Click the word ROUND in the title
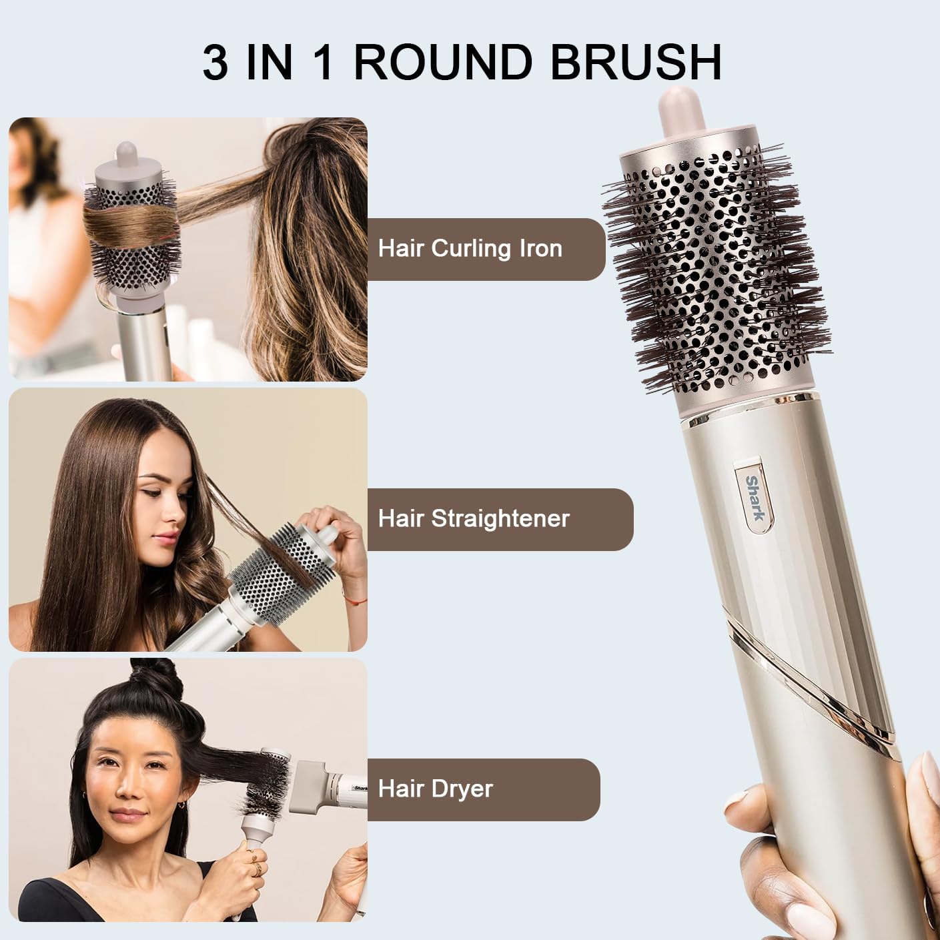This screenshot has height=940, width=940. tap(443, 62)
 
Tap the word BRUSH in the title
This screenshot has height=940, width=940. tap(636, 62)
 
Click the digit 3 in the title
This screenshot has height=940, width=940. tap(215, 62)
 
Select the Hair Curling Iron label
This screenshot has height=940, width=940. tap(470, 249)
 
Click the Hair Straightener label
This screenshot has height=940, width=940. tap(474, 518)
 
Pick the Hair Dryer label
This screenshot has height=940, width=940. tap(435, 789)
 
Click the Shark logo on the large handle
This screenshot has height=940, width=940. tap(754, 498)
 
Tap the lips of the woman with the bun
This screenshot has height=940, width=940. tap(128, 814)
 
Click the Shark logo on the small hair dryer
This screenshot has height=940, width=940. tap(360, 787)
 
